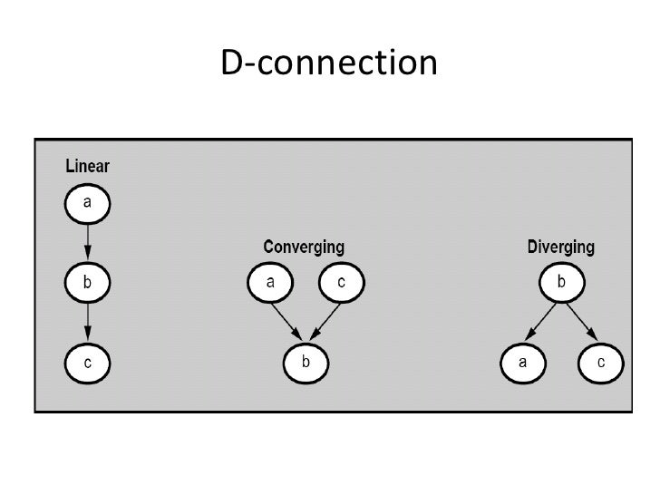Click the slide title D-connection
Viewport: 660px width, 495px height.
tap(329, 63)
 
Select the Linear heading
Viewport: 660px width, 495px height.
tap(87, 167)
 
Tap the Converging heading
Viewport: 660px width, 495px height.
tap(303, 247)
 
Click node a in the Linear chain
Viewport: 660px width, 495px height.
tap(87, 203)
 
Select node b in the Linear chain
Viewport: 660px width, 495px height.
tap(87, 283)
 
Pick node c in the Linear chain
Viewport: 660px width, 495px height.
tap(87, 363)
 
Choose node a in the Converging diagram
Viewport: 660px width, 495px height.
tap(270, 283)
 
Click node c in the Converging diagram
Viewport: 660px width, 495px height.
tap(341, 283)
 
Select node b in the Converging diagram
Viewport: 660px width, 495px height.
tap(306, 363)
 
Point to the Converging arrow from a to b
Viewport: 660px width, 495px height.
tap(287, 322)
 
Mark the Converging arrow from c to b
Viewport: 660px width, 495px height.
tap(324, 322)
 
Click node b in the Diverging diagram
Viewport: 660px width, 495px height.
tap(561, 283)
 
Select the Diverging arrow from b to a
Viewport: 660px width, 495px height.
tap(543, 323)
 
